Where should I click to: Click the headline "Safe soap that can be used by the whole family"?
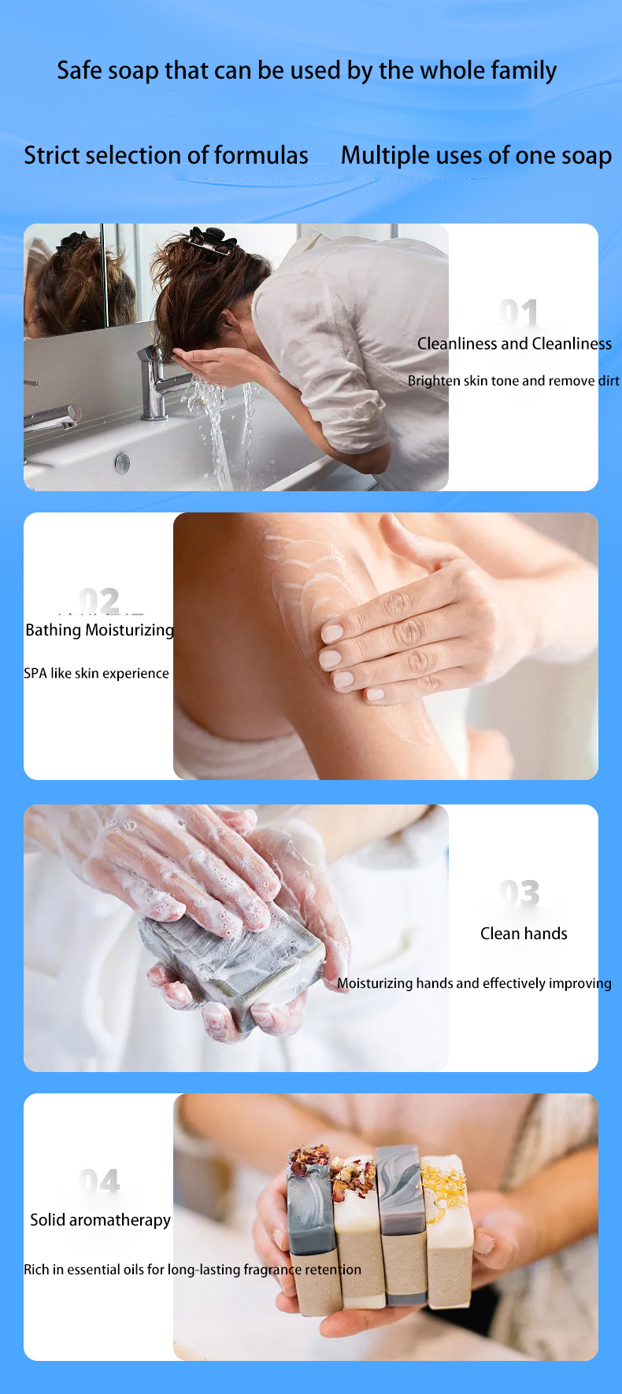click(x=306, y=71)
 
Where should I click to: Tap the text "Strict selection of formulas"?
click(x=166, y=155)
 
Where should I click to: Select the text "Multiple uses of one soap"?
click(x=476, y=155)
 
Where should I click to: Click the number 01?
click(x=519, y=312)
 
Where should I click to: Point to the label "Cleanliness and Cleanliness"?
click(x=514, y=343)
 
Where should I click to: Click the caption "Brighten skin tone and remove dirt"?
click(x=513, y=381)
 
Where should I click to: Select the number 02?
click(x=99, y=601)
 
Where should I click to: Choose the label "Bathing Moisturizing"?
click(x=99, y=630)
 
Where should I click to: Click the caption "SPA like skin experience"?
click(x=96, y=673)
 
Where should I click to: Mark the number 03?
click(x=520, y=893)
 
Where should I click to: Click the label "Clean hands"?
click(x=524, y=934)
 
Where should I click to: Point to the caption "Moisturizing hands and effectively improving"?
click(x=474, y=983)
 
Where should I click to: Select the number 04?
click(x=99, y=1181)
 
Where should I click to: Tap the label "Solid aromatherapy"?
click(x=100, y=1220)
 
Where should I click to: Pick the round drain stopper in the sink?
click(x=122, y=462)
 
